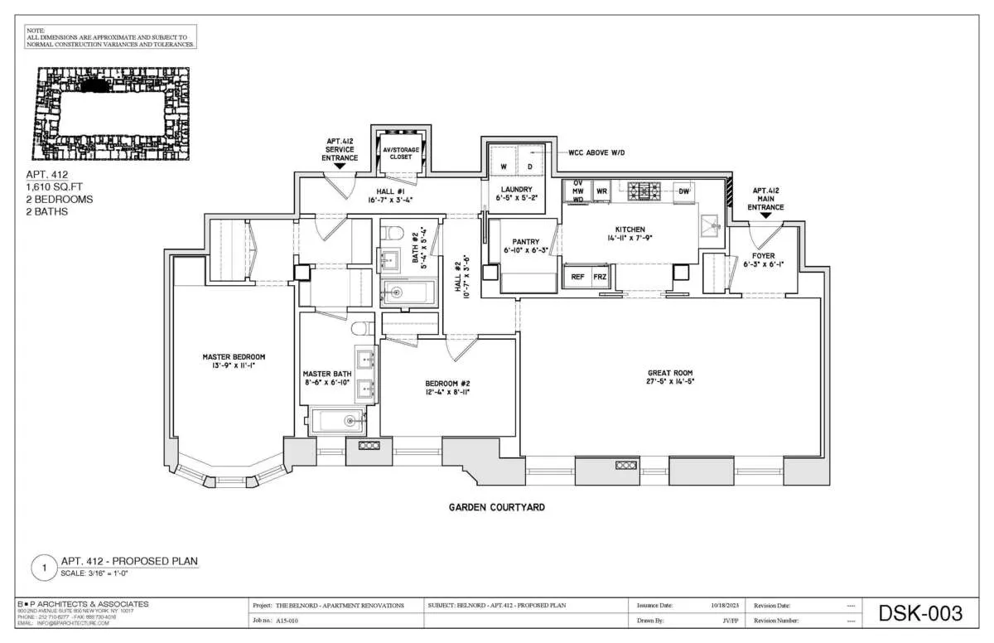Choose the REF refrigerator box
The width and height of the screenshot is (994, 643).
(x=577, y=277)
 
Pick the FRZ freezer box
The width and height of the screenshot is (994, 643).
(x=599, y=277)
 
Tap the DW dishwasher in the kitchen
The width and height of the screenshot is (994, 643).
(x=683, y=191)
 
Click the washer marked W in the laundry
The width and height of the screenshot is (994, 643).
(x=503, y=167)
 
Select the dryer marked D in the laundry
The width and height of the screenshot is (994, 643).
(x=530, y=167)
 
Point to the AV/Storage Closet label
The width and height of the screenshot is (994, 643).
(x=400, y=152)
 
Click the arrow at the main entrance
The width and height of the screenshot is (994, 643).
(x=765, y=215)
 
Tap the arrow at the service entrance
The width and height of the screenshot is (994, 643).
(x=340, y=166)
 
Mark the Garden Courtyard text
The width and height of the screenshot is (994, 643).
(x=496, y=507)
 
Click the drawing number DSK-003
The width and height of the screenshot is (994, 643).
(x=921, y=614)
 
